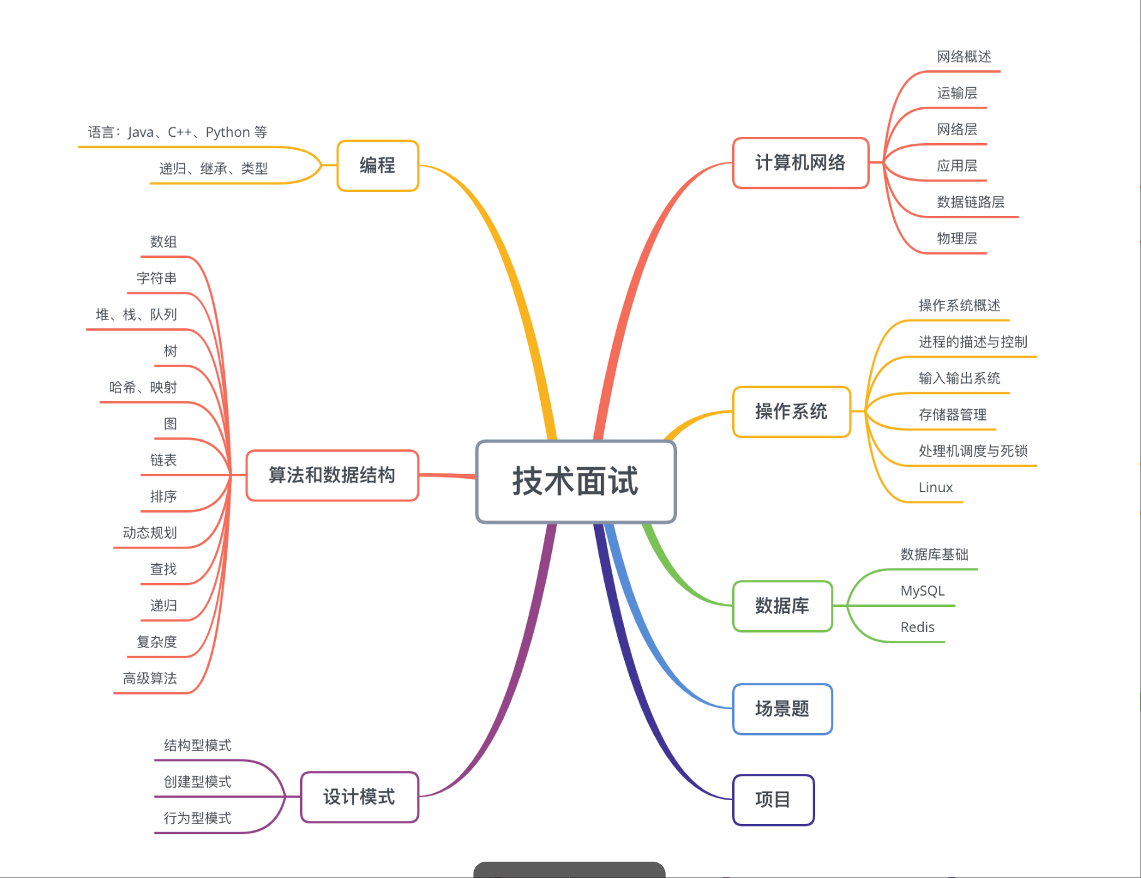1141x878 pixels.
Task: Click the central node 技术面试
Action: click(x=575, y=481)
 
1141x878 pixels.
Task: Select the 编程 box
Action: click(x=377, y=166)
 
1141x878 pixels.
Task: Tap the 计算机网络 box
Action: click(x=800, y=163)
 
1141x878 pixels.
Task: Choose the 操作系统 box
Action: click(x=791, y=412)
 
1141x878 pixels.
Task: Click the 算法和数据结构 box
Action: click(x=332, y=475)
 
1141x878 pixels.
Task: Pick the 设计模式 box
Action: click(x=359, y=797)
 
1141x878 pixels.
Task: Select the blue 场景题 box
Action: click(x=782, y=709)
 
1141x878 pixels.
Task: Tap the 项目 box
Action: click(x=773, y=800)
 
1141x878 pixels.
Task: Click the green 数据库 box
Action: click(x=782, y=606)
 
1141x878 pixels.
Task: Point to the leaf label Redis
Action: click(x=917, y=627)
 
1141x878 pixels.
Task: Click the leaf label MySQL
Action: click(x=922, y=591)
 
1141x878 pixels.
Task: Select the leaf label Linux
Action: click(x=935, y=488)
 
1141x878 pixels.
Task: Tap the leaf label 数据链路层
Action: click(x=970, y=202)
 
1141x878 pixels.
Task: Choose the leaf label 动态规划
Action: click(x=149, y=533)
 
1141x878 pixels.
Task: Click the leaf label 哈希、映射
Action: click(x=143, y=387)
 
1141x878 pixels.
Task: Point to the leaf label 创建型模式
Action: click(x=197, y=782)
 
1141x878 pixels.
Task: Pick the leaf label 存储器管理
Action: click(x=952, y=415)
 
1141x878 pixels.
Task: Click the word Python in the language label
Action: click(x=227, y=132)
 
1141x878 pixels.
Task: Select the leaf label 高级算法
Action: click(x=149, y=678)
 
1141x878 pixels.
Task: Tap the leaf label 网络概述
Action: click(x=963, y=57)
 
